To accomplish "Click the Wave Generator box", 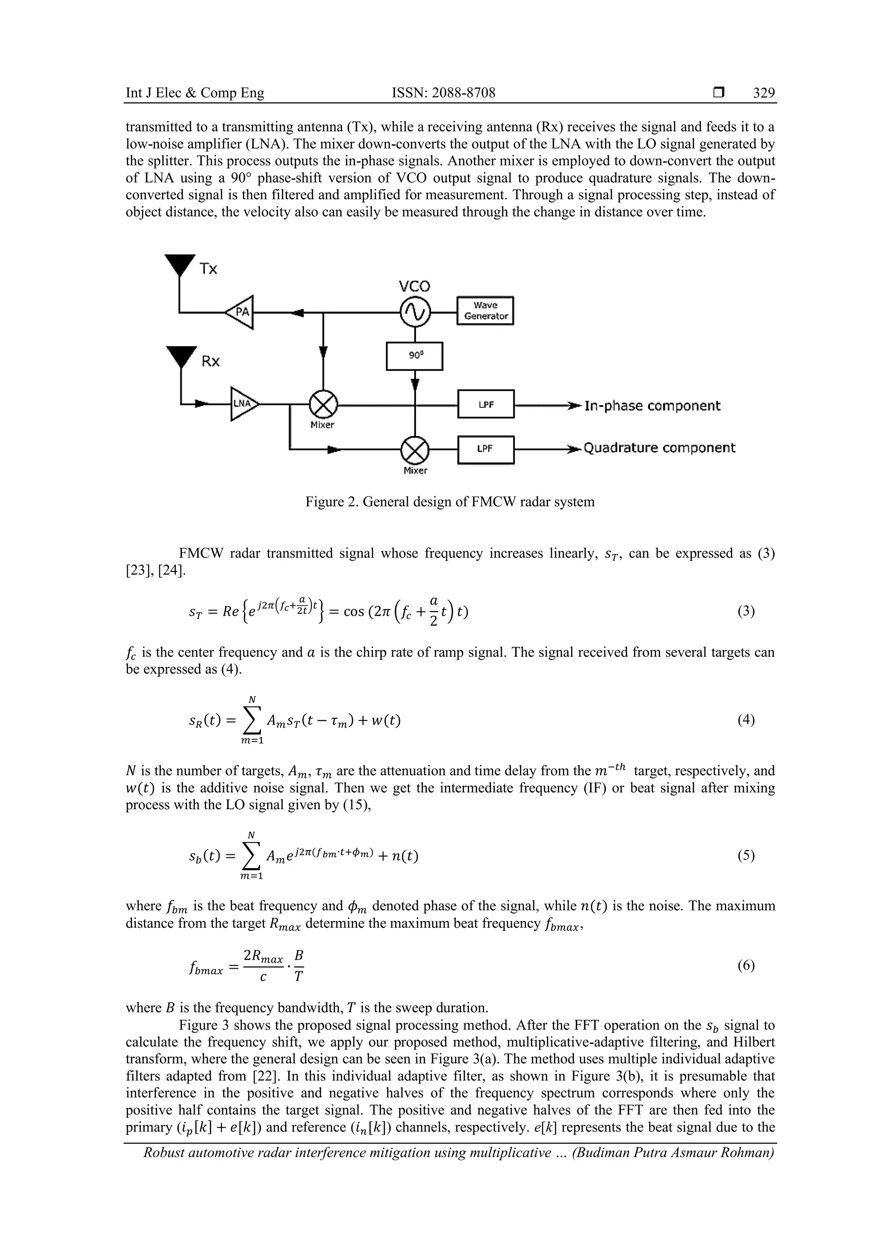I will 485,311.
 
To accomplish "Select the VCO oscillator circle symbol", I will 415,312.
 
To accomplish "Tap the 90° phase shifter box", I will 415,356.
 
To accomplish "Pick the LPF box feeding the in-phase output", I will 486,404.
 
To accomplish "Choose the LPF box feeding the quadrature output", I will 486,449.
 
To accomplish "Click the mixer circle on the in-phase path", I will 324,404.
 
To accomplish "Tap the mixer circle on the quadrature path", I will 415,450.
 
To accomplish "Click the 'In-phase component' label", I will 652,406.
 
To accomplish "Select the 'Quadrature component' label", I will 659,448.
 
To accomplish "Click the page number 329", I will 764,93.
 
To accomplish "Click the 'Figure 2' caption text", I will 450,502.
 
